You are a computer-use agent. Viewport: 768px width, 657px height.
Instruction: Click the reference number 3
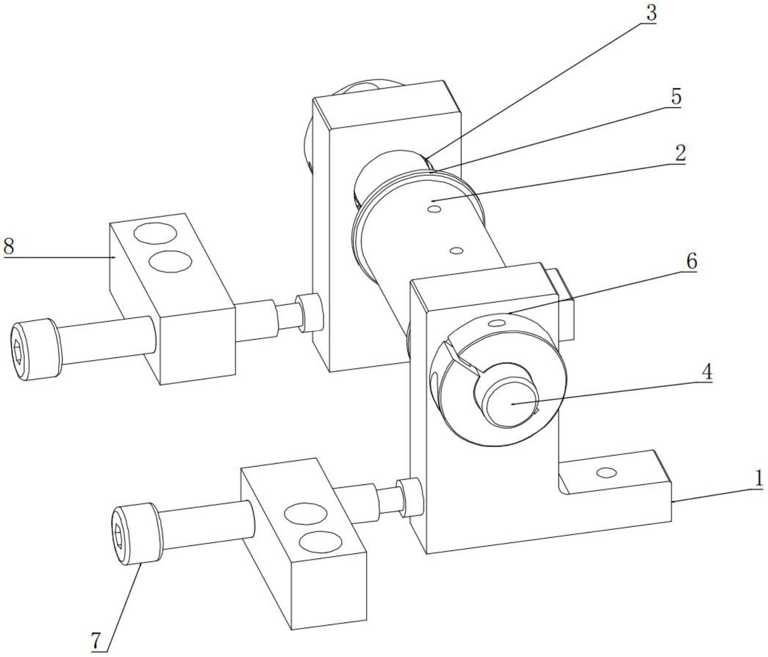click(x=651, y=13)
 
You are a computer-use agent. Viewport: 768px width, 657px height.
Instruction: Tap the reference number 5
click(x=676, y=97)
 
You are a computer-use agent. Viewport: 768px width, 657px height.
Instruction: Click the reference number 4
click(x=706, y=372)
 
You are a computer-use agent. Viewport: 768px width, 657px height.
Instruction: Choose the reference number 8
click(x=9, y=246)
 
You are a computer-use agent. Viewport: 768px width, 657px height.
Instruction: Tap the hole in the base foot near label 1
click(x=606, y=473)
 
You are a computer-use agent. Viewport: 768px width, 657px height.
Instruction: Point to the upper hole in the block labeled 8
click(x=155, y=233)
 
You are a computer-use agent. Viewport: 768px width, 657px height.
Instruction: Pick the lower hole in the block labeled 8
click(x=171, y=261)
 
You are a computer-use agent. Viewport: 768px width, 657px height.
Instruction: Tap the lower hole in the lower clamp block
click(x=320, y=542)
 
